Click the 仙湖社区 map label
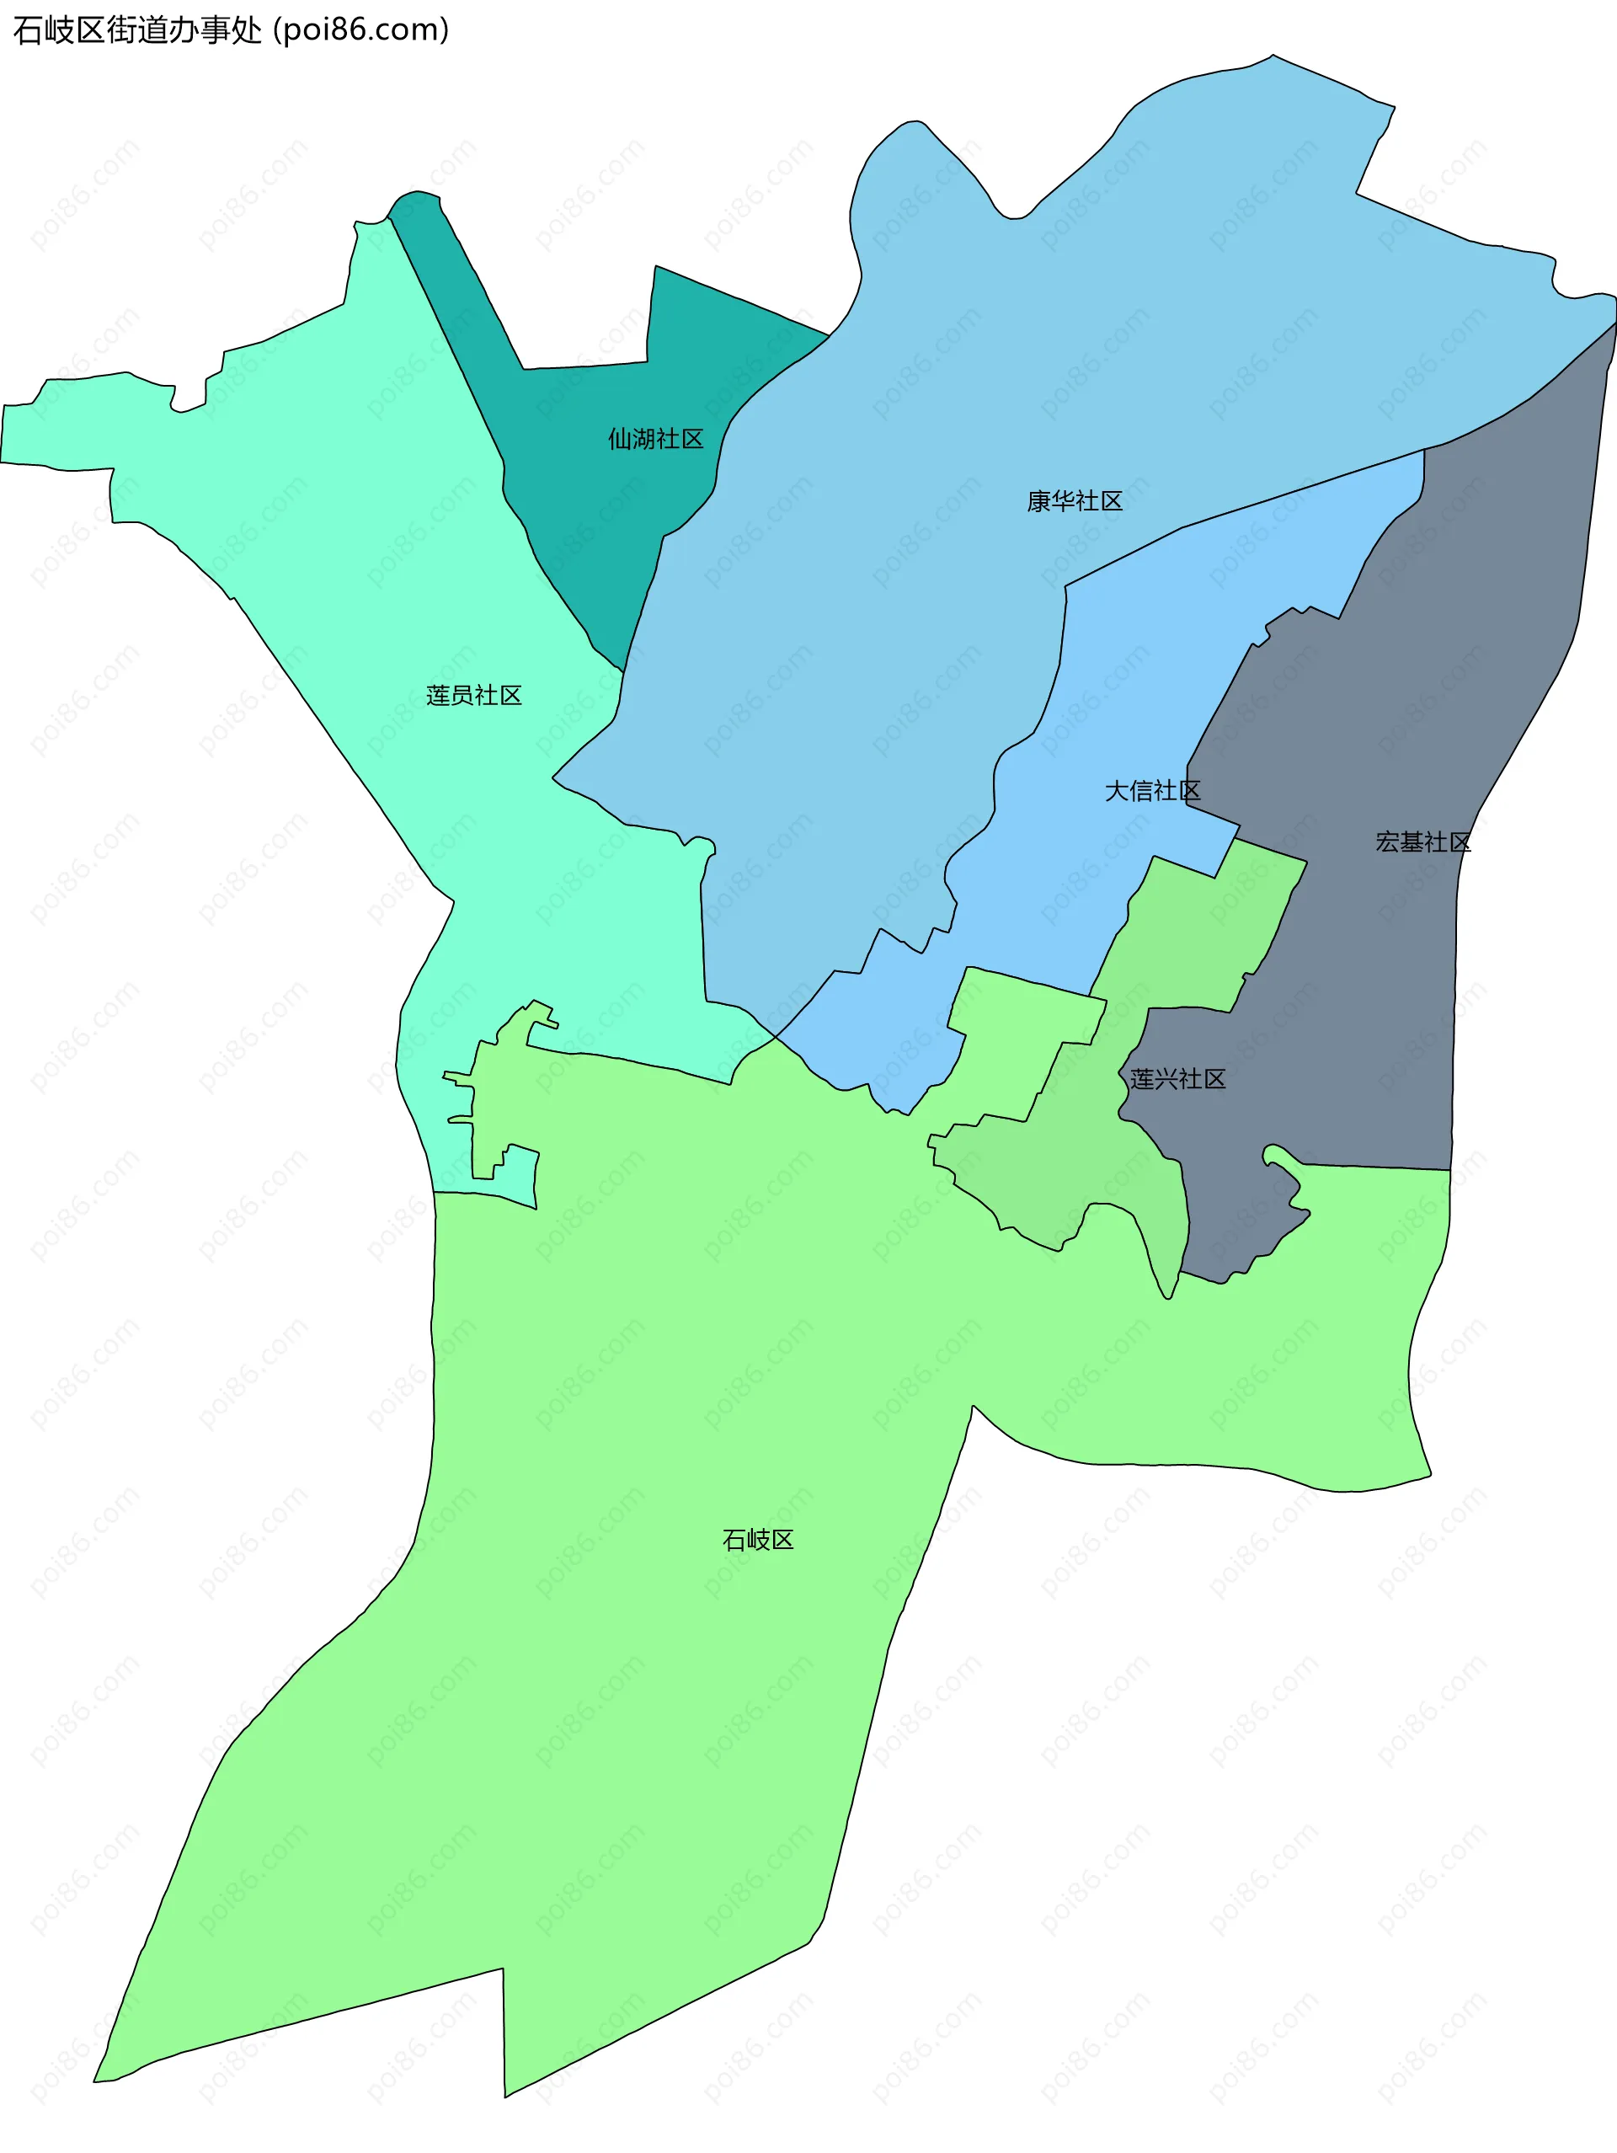pyautogui.click(x=656, y=439)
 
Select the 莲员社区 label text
pyautogui.click(x=474, y=695)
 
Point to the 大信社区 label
pyautogui.click(x=1152, y=790)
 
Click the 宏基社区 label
pyautogui.click(x=1422, y=842)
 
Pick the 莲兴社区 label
pyautogui.click(x=1177, y=1078)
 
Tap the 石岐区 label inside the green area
pyautogui.click(x=758, y=1539)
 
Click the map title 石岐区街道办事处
pyautogui.click(x=137, y=30)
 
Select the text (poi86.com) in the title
pyautogui.click(x=361, y=30)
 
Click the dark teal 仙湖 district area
pyautogui.click(x=584, y=506)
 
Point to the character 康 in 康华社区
pyautogui.click(x=1039, y=501)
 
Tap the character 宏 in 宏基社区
pyautogui.click(x=1387, y=842)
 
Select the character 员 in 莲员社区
pyautogui.click(x=462, y=695)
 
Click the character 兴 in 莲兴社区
pyautogui.click(x=1166, y=1078)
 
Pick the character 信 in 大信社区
pyautogui.click(x=1140, y=790)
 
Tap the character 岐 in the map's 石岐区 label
pyautogui.click(x=758, y=1539)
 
